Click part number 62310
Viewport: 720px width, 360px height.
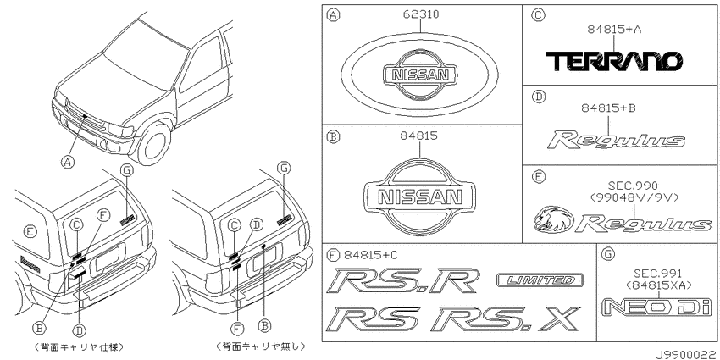[421, 14]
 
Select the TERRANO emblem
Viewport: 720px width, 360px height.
[613, 61]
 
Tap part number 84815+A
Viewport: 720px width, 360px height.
[614, 30]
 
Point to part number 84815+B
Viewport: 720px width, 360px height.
[608, 108]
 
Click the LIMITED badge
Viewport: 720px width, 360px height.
[540, 280]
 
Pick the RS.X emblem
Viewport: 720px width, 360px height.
[505, 319]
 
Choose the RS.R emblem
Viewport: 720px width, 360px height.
[403, 280]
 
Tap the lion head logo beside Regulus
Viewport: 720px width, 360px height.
[553, 219]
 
